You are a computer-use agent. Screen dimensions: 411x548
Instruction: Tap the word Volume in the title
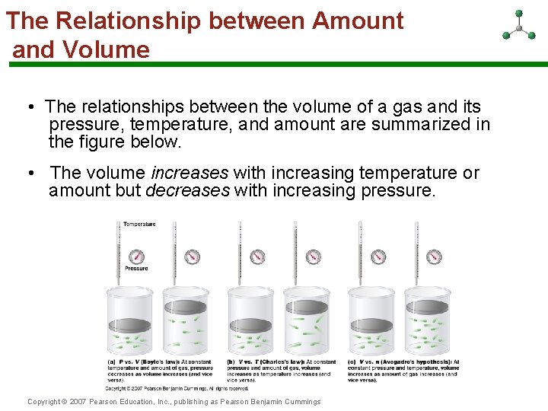[107, 50]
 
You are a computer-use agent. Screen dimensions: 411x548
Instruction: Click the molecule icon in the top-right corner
[519, 26]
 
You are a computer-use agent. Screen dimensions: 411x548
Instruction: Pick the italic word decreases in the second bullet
[187, 190]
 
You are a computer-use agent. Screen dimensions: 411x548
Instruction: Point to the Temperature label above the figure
[139, 224]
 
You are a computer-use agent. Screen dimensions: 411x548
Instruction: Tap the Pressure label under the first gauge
[136, 269]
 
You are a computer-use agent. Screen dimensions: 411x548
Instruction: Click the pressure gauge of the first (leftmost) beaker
[136, 256]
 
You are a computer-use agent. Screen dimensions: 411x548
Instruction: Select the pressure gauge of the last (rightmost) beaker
[434, 256]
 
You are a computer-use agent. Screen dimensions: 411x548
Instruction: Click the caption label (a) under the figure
[111, 362]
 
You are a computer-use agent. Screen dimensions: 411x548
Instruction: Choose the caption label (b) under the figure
[231, 362]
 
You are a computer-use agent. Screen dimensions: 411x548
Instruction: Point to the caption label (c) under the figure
[351, 362]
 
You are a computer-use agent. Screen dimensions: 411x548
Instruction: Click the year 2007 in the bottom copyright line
[78, 402]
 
